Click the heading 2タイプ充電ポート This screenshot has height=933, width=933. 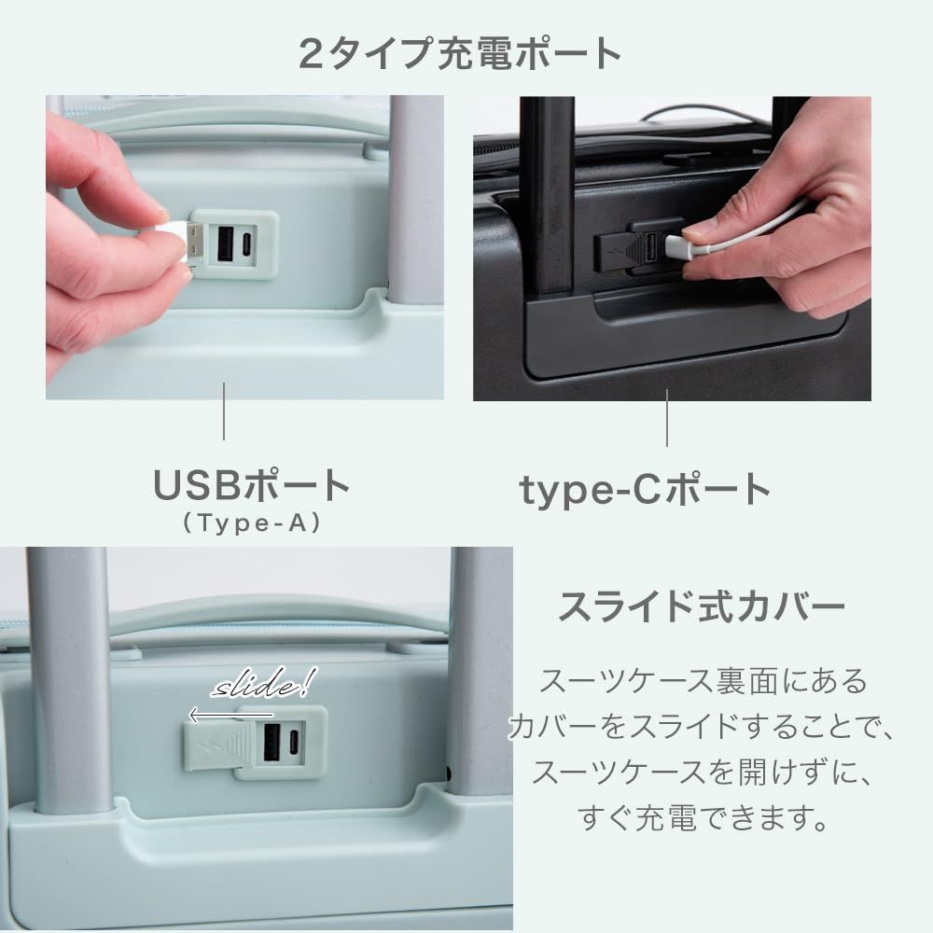pos(460,53)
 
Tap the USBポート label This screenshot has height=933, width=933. pos(252,486)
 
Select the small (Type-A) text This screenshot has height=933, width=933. pos(252,524)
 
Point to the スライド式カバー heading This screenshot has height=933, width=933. pos(701,608)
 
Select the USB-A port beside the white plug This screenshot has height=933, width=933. pos(225,244)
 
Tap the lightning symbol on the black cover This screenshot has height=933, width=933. pos(610,251)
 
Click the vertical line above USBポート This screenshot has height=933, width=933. pos(224,411)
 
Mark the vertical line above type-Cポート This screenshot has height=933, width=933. pos(667,417)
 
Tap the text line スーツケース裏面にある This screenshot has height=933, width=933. pos(702,680)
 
